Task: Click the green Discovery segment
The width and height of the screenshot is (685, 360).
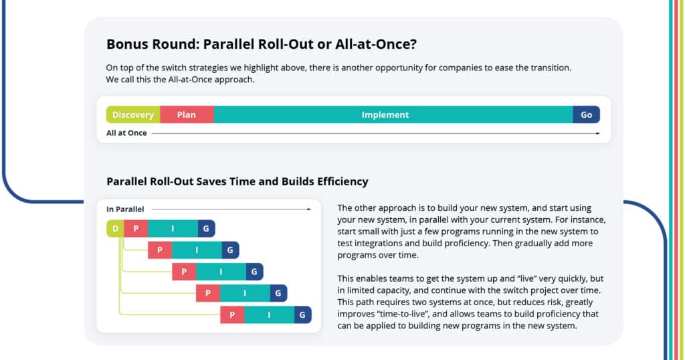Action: click(133, 114)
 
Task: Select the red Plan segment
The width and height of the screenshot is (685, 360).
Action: click(187, 114)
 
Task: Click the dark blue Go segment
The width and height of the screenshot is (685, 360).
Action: click(586, 114)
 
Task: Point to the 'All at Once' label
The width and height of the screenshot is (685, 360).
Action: click(126, 132)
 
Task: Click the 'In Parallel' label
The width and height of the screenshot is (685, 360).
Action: click(125, 209)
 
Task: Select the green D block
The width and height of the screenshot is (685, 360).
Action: click(115, 228)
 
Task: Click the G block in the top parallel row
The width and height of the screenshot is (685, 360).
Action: click(206, 228)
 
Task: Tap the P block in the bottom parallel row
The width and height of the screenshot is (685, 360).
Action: click(232, 314)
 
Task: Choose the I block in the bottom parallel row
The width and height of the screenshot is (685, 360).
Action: click(269, 314)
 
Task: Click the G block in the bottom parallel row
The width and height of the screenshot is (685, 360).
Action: click(303, 314)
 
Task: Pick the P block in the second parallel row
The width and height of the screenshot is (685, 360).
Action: click(160, 250)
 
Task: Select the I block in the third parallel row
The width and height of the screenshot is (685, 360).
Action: click(221, 272)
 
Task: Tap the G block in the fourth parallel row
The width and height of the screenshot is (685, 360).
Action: click(278, 293)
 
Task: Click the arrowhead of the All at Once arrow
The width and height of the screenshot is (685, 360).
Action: click(598, 133)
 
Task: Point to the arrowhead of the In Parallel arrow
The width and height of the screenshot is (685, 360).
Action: click(309, 209)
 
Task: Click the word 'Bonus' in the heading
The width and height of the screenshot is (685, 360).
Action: click(126, 44)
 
